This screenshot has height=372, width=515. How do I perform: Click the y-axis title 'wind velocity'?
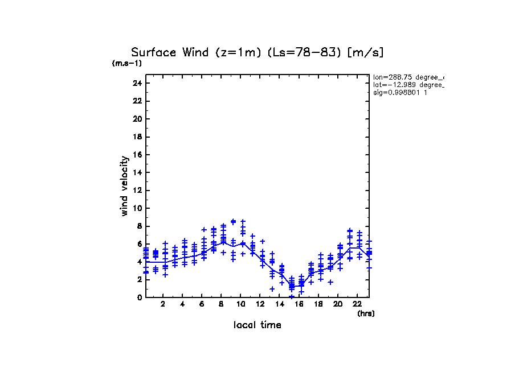124,186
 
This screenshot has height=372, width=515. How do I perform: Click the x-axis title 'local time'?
257,325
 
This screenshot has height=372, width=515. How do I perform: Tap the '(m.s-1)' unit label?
127,64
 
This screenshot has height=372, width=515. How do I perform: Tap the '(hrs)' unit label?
366,313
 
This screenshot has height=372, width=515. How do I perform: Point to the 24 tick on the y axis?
137,84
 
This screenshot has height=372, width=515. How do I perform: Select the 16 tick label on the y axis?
137,155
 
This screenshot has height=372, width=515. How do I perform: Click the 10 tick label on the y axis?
137,208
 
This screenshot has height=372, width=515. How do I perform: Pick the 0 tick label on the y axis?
139,297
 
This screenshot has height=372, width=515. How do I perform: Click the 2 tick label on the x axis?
163,304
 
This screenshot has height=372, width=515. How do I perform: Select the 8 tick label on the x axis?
221,304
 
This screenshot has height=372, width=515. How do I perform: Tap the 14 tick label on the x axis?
279,304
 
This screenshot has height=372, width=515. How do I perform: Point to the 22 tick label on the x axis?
357,304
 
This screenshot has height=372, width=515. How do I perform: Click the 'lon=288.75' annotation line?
407,77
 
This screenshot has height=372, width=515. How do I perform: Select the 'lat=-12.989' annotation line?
407,84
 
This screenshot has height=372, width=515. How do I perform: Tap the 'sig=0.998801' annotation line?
400,92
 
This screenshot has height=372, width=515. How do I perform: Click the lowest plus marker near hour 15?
291,296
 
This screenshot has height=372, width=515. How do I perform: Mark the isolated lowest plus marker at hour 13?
272,289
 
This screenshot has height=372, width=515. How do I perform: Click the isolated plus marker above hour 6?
203,230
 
